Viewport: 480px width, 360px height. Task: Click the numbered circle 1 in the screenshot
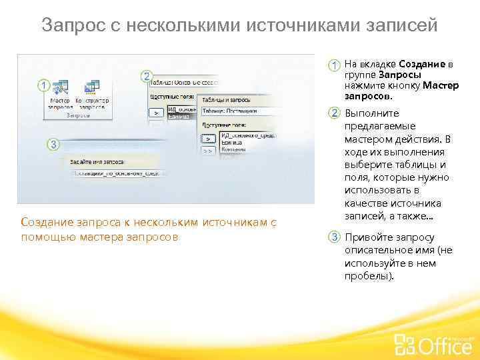click(x=43, y=86)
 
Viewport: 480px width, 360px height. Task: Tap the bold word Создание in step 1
click(x=423, y=64)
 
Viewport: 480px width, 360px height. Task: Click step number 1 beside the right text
click(x=332, y=65)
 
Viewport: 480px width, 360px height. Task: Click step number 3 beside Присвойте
click(x=332, y=238)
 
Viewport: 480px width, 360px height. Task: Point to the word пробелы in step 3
click(x=365, y=276)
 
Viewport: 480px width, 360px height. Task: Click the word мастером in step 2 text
click(x=368, y=139)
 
